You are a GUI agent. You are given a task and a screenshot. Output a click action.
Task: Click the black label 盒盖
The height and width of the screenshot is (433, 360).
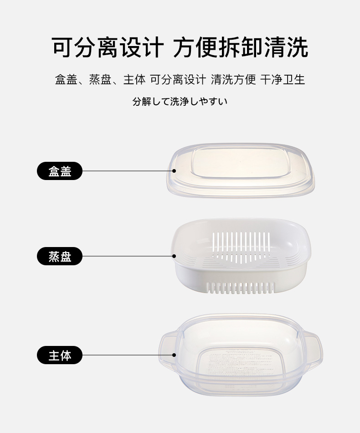click(60, 171)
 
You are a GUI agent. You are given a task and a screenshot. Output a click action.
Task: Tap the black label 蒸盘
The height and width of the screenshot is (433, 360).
click(60, 257)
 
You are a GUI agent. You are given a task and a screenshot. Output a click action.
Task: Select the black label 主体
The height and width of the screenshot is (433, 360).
click(60, 355)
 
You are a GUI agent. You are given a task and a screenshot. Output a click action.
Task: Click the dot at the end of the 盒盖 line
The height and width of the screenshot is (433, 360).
click(174, 171)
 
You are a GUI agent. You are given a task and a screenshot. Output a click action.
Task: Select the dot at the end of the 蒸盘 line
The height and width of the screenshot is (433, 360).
click(174, 256)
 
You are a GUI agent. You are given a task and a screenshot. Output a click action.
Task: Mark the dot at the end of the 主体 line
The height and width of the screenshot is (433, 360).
click(174, 355)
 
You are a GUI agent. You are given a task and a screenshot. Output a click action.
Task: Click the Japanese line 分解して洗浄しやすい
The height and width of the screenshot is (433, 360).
click(180, 102)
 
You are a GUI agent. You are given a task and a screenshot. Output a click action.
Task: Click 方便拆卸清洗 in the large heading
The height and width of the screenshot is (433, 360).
click(241, 48)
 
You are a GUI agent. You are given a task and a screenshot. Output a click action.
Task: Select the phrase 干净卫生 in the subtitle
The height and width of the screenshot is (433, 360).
click(283, 80)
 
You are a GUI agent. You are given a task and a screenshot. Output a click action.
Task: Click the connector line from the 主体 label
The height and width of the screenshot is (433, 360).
click(128, 355)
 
